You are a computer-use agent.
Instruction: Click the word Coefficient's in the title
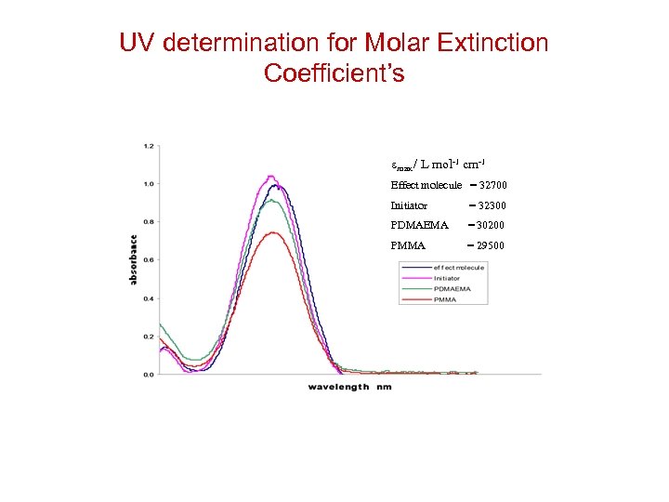click(x=334, y=73)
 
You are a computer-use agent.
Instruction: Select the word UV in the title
click(x=139, y=43)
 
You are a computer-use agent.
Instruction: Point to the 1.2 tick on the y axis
click(x=149, y=146)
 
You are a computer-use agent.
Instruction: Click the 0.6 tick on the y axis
click(x=149, y=260)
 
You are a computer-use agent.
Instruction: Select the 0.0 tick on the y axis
click(x=149, y=374)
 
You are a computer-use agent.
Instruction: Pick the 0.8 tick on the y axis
click(x=149, y=222)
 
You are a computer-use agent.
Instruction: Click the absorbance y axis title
click(x=134, y=259)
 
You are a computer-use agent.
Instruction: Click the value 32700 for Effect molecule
click(x=492, y=185)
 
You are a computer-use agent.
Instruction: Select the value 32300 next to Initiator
click(x=492, y=205)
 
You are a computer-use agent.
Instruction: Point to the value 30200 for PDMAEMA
click(x=491, y=225)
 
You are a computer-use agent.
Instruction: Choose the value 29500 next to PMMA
click(x=491, y=245)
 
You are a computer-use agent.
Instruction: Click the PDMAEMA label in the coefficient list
click(x=419, y=225)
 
